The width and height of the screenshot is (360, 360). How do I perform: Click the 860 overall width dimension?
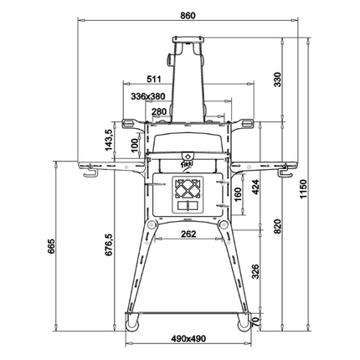(188, 15)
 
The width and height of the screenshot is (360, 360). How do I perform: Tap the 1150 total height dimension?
(303, 189)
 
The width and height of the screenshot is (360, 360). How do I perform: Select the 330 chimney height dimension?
(278, 80)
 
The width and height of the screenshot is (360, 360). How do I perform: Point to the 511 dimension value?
(154, 79)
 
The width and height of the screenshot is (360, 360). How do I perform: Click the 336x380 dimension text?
(148, 96)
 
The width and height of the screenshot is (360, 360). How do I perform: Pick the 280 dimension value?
(159, 111)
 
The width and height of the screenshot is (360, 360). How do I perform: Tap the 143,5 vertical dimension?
(109, 140)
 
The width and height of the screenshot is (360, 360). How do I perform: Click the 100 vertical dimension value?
(135, 146)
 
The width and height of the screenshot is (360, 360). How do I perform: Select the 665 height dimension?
(51, 246)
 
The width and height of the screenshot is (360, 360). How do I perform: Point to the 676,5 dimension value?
(109, 244)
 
